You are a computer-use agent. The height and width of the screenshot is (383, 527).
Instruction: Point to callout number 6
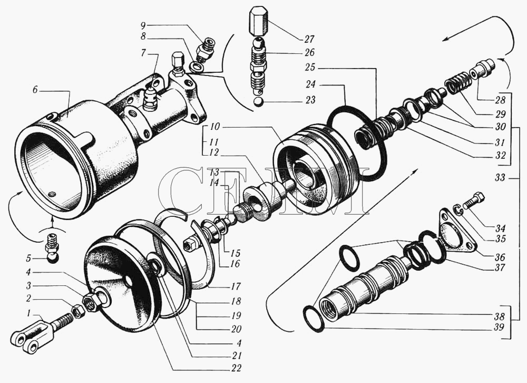[36, 90]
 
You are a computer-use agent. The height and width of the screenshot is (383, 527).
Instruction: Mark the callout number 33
[500, 177]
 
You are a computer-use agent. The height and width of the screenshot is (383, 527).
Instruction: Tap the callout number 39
[500, 327]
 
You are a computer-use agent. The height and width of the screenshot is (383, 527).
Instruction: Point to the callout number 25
[310, 68]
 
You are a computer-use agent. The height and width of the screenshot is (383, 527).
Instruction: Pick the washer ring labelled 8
[196, 66]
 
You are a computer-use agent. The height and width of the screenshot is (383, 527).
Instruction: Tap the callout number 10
[215, 127]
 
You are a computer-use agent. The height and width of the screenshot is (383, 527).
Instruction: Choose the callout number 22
[236, 368]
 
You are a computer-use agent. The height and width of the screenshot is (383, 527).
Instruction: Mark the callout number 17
[236, 286]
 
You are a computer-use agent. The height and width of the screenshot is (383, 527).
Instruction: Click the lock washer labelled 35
[459, 209]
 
